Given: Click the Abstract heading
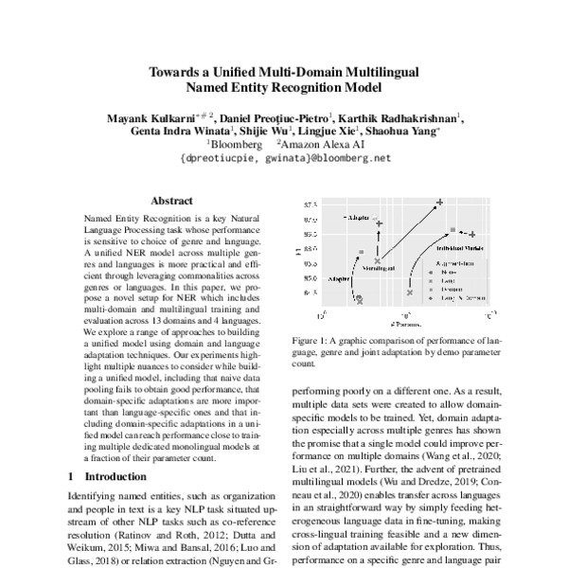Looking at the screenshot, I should pyautogui.click(x=171, y=201).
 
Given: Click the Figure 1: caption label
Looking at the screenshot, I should pyautogui.click(x=315, y=338).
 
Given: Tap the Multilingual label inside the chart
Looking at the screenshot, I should pyautogui.click(x=379, y=270).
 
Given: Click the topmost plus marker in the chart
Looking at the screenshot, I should pyautogui.click(x=439, y=202).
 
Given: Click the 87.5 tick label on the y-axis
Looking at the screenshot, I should pyautogui.click(x=310, y=204).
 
